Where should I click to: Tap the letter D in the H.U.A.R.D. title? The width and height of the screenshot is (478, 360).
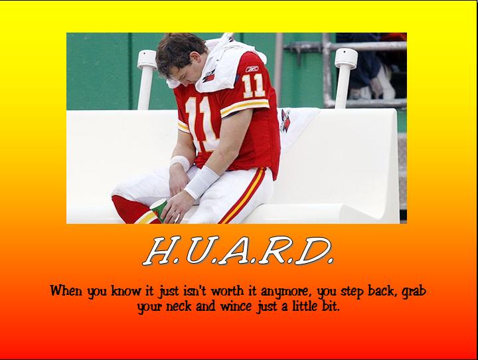[x=313, y=251]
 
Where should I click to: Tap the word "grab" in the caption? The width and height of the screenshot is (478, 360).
[x=414, y=292]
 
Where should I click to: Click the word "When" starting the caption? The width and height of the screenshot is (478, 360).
[x=66, y=290]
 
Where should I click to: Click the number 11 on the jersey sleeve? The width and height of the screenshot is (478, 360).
[x=253, y=85]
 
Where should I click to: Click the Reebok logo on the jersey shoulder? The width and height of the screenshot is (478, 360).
[x=252, y=68]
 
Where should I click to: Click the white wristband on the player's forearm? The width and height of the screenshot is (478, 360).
[x=201, y=182]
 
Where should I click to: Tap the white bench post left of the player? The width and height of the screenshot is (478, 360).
[x=147, y=79]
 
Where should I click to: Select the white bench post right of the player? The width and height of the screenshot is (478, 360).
[x=345, y=78]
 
